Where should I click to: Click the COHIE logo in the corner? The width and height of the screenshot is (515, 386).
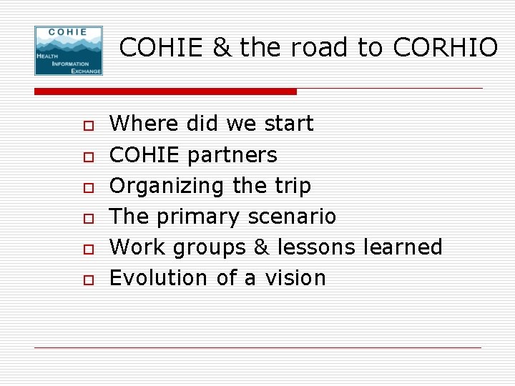69,51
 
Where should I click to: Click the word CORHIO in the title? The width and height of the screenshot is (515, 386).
445,48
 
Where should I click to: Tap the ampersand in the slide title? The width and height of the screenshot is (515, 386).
222,48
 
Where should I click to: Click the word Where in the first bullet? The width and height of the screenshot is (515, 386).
144,124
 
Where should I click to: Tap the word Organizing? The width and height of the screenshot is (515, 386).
168,186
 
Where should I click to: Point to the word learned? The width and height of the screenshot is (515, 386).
403,247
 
